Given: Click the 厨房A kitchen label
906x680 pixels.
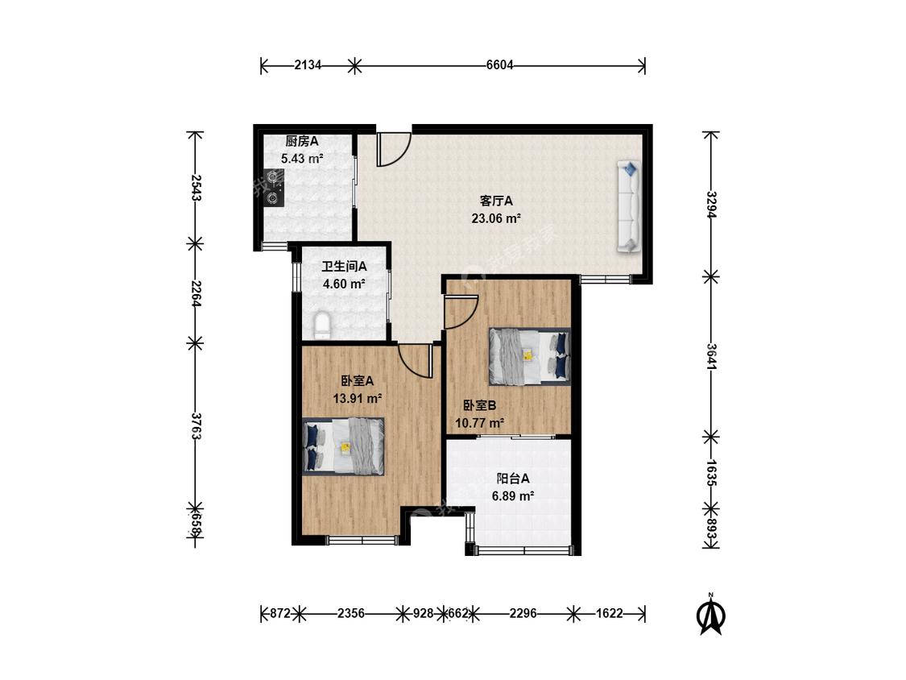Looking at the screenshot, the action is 302,141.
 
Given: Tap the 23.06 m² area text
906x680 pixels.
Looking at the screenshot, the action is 496,218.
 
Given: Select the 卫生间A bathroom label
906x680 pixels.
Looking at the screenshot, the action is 345,267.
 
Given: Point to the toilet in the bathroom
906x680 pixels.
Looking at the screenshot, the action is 322,325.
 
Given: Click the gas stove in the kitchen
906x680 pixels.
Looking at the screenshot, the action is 273,188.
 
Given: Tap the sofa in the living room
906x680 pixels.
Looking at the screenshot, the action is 629,206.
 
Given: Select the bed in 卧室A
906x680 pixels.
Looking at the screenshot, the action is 343,446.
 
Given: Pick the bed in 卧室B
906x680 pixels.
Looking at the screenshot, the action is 529,356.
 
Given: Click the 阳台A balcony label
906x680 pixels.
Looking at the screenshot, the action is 513,479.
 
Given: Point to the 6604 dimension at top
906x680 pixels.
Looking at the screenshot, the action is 500,65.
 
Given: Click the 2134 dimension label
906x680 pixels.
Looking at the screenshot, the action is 308,65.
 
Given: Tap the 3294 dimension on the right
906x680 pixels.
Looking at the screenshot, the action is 711,205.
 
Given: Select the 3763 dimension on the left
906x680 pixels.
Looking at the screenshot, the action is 196,426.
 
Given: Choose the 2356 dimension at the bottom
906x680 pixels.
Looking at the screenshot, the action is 351,613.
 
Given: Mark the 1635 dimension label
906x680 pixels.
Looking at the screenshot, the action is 711,473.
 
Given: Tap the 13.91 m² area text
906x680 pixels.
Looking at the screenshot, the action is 357,398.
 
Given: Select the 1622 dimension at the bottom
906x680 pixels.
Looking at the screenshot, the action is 610,613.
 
